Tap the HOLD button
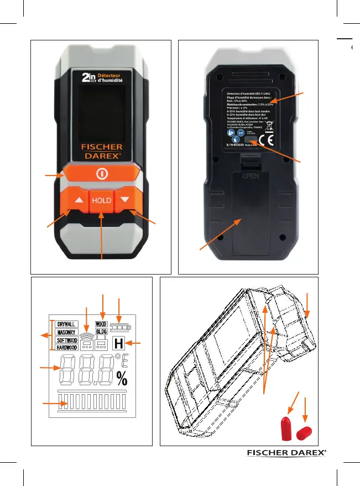pos(102,200)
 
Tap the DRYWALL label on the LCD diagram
pos(66,323)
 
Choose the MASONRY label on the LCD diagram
pos(66,332)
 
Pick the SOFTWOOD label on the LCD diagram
pos(66,340)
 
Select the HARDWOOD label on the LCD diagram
pos(66,348)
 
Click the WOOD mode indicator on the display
pos(101,324)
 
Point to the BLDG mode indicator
pos(101,331)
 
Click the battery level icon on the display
pos(117,327)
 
